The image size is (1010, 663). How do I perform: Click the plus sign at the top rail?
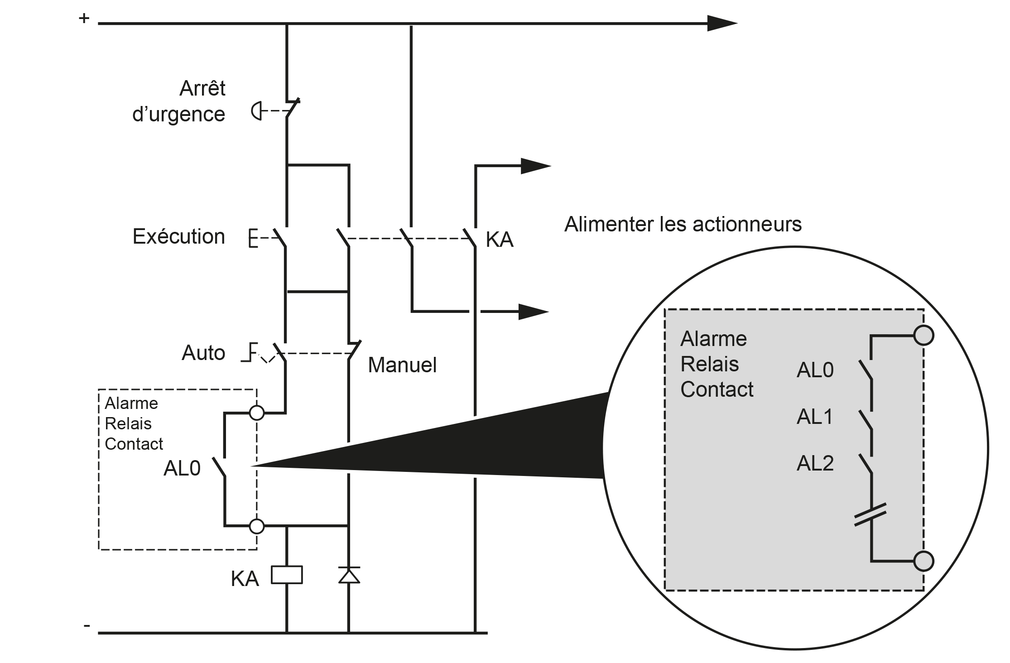pos(84,18)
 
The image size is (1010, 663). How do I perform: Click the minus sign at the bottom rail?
pos(87,625)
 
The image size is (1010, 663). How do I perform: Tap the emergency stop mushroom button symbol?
pos(257,111)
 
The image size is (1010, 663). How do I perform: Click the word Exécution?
pos(178,236)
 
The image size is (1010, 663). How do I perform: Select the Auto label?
pos(203,353)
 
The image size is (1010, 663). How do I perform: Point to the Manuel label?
pos(402,365)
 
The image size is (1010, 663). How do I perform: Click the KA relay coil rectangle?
pos(287,575)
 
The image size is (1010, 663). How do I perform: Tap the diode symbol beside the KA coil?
pos(349,575)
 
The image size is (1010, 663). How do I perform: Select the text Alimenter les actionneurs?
pos(683,224)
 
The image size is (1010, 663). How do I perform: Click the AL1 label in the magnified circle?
pos(814,417)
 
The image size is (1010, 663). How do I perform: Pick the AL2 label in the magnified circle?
pos(815,463)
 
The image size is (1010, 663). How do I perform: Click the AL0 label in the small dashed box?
pos(182,468)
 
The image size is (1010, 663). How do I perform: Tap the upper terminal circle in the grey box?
pos(923,336)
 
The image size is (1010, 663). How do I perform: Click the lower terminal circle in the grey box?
pos(923,561)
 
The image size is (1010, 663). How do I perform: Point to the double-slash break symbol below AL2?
pos(870,515)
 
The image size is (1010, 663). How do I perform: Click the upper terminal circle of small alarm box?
pos(257,413)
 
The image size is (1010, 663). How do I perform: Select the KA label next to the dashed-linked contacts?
pos(499,240)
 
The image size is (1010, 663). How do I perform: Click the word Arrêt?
pos(202,88)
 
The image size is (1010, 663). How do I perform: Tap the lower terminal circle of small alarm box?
pos(257,526)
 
